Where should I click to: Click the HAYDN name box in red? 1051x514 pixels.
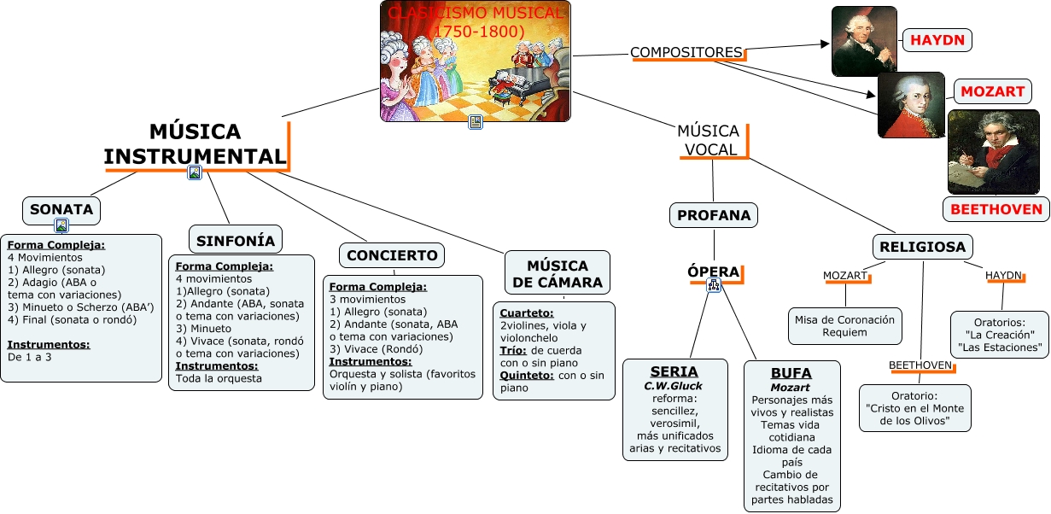937,40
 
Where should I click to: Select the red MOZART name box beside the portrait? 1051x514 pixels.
992,91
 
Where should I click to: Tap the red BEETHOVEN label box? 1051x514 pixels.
996,209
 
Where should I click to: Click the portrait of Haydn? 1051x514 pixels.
864,41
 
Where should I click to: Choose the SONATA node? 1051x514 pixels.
61,210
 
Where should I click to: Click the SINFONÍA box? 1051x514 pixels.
236,241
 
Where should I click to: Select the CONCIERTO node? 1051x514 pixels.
392,255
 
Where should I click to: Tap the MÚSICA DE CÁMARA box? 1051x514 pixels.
558,273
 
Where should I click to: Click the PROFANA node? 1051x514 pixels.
714,216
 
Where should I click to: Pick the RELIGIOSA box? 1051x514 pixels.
922,248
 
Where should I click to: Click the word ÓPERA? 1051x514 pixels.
714,272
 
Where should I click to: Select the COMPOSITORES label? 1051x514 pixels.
686,53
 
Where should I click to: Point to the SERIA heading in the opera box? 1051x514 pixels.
674,371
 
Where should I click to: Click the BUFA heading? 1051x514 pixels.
791,373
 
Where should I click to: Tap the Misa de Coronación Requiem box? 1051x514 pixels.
845,325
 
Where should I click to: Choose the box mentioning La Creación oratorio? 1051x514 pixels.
999,335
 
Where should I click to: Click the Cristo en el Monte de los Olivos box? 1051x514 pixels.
915,408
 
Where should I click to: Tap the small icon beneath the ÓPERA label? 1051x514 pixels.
714,287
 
